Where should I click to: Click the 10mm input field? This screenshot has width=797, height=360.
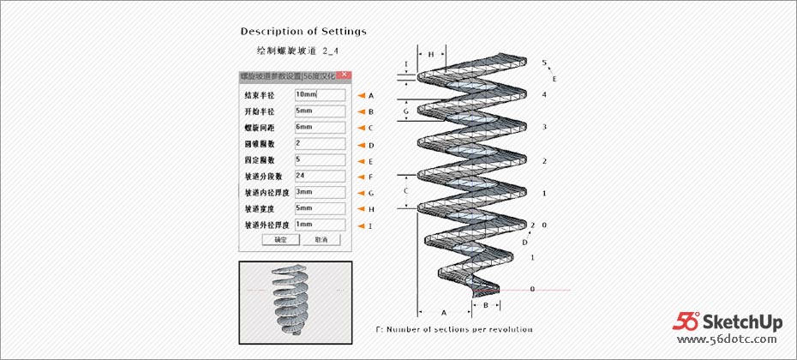pos(319,95)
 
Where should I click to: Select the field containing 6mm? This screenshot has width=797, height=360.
pos(319,127)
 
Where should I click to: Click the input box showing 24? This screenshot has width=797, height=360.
pos(319,176)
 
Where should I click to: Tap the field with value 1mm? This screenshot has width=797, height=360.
pos(319,225)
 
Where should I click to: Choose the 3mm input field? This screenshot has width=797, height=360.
pos(319,192)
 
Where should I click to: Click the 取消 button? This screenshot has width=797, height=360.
pos(321,240)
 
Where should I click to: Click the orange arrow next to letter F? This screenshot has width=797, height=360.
pos(361,177)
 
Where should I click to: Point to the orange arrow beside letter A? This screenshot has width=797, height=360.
pos(361,96)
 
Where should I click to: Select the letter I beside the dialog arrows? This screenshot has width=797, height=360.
pos(371,225)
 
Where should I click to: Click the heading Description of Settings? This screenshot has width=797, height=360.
pos(303,32)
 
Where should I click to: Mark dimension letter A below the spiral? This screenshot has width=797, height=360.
pos(443,314)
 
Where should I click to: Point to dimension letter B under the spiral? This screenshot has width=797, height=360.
pos(486,304)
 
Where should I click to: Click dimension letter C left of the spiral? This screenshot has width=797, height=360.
pos(407,190)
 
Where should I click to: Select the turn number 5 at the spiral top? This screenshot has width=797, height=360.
pos(544,63)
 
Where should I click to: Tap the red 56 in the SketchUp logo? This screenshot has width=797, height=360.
pos(688,321)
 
